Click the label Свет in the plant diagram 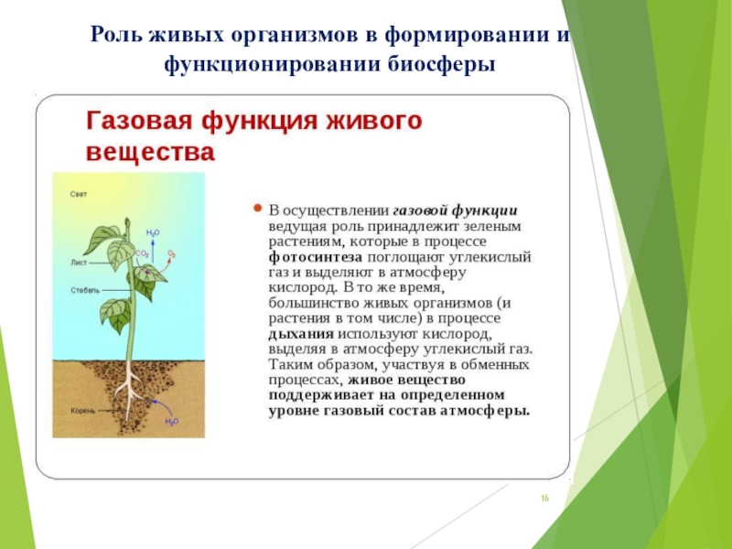79,194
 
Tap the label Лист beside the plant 79,263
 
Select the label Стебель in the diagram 85,290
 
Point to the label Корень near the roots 83,411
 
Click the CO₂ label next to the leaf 143,254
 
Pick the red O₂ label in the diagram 171,254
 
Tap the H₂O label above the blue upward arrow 153,232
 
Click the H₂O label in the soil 172,422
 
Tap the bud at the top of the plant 127,222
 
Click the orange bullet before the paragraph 257,209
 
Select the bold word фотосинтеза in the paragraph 316,257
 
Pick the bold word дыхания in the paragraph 301,334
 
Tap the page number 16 544,498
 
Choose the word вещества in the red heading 151,152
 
